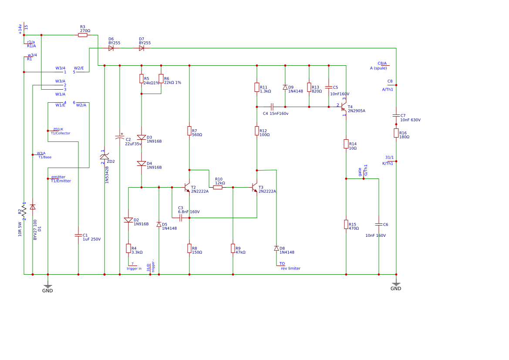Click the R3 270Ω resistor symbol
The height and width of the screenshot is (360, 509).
click(x=83, y=35)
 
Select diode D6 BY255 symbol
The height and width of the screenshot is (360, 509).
click(x=111, y=48)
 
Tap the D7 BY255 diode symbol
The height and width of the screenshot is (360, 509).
click(x=142, y=48)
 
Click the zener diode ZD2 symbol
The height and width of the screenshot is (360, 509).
click(x=104, y=156)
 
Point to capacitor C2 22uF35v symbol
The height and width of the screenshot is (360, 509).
click(x=120, y=138)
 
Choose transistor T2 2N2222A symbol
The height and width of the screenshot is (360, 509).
click(x=187, y=188)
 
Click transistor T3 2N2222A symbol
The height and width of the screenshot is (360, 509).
click(x=255, y=188)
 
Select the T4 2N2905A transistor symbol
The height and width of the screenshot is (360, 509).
click(x=344, y=107)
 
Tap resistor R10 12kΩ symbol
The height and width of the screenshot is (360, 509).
click(x=218, y=188)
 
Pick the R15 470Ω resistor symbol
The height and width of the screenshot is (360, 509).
click(x=346, y=224)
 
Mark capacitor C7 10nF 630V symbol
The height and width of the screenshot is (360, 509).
click(x=396, y=115)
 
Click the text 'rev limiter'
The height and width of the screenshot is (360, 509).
click(x=290, y=269)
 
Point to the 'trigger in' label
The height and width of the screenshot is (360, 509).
click(x=134, y=269)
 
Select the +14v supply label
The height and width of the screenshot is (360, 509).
click(x=20, y=29)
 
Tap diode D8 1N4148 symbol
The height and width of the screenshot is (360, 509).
click(x=276, y=248)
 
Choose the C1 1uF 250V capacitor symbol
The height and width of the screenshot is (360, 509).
click(x=78, y=235)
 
